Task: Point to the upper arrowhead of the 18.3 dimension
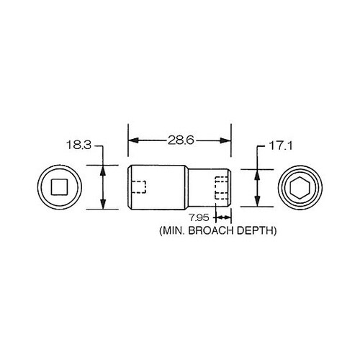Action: [104, 171]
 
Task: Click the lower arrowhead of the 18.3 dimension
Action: [104, 205]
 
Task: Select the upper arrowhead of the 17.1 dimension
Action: [258, 173]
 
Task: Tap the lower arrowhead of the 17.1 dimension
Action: [258, 202]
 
